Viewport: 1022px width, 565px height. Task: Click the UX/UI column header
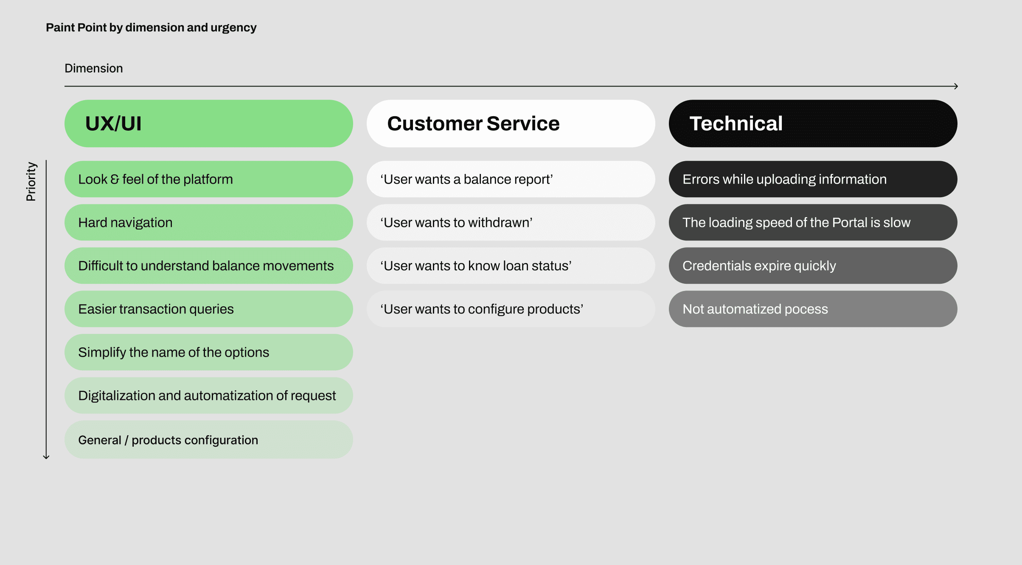[208, 123]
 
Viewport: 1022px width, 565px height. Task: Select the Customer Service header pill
[511, 123]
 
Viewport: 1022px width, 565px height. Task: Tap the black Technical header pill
[813, 123]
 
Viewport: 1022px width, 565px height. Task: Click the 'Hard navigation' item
[208, 222]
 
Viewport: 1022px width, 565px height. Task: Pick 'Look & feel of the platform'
[208, 179]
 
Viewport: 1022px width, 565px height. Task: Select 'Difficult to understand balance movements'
[208, 266]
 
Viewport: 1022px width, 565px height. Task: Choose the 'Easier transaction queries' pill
[208, 309]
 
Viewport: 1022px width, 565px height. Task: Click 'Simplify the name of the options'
[208, 352]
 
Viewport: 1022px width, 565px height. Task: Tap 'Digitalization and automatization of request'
[208, 395]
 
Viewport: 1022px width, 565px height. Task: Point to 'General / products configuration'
[208, 439]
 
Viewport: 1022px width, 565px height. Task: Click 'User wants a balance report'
[511, 179]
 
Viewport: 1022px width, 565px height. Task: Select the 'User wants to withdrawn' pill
[511, 222]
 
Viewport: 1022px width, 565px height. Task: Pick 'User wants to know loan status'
[511, 266]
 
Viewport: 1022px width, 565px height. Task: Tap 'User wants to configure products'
[511, 309]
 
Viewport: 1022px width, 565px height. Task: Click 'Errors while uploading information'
[813, 179]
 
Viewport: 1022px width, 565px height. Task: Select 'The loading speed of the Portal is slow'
[813, 222]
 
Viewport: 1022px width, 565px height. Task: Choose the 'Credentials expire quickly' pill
[813, 266]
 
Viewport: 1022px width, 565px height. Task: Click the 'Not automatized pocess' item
[813, 309]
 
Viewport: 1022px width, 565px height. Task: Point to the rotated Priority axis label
[31, 181]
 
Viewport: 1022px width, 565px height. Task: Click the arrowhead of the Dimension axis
[957, 86]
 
